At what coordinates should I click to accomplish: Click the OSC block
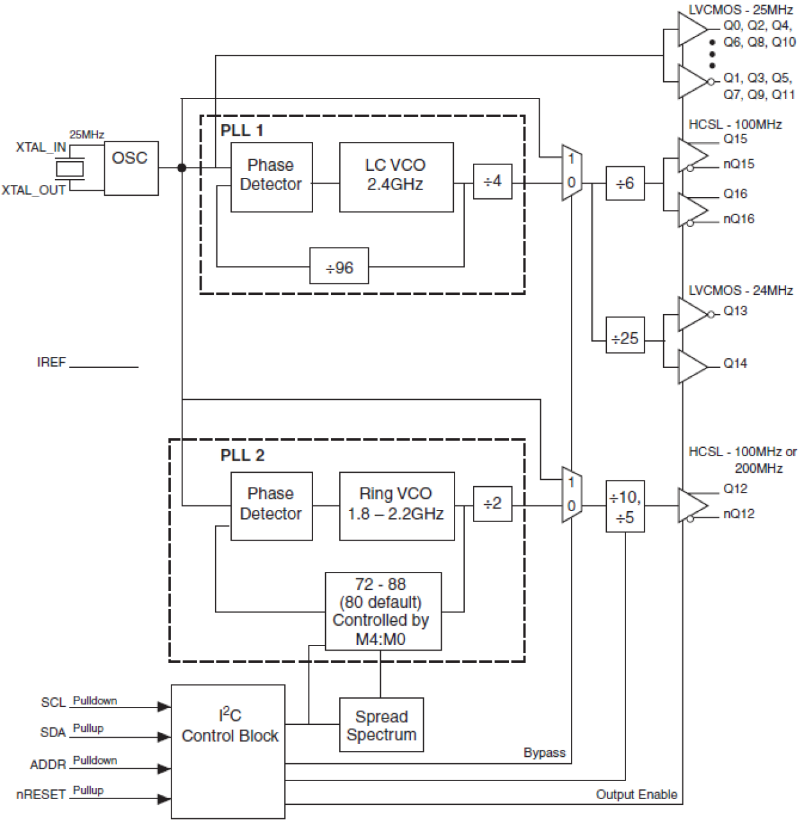131,168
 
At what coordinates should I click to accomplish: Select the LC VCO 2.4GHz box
396,177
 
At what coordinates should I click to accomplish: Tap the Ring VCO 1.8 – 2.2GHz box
396,506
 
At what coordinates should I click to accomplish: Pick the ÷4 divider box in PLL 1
492,182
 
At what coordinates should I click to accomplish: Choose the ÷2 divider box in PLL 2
492,504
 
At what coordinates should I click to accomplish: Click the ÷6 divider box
625,183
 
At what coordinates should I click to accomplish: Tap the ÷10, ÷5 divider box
625,506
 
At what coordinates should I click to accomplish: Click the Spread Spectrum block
381,725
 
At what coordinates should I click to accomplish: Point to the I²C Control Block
229,752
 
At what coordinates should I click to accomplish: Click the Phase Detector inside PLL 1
271,177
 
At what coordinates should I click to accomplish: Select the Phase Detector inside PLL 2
271,506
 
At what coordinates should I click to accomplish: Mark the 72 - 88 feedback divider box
383,611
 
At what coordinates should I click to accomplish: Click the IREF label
51,363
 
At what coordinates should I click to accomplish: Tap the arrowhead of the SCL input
164,706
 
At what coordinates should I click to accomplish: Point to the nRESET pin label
41,795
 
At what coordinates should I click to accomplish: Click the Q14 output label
735,363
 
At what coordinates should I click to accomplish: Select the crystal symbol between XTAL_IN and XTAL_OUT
69,168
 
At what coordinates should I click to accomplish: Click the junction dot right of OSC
182,168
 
